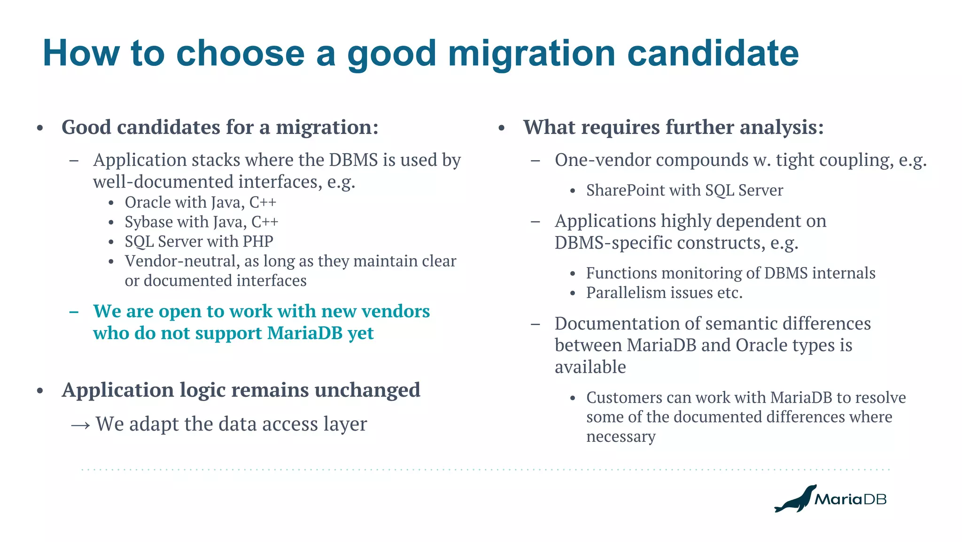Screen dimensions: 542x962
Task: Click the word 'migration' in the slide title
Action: pyautogui.click(x=531, y=53)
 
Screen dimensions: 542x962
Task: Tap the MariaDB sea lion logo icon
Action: pyautogui.click(x=795, y=499)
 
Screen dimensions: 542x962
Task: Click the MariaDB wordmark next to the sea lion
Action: pyautogui.click(x=850, y=499)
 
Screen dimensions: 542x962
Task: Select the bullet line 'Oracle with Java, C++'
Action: pyautogui.click(x=200, y=202)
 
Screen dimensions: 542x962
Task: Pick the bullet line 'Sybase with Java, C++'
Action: pyautogui.click(x=201, y=222)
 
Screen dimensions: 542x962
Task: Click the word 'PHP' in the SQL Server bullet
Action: pyautogui.click(x=258, y=242)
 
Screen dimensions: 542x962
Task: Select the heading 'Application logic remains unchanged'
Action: pyautogui.click(x=240, y=390)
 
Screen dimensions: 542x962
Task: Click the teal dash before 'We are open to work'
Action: pyautogui.click(x=74, y=312)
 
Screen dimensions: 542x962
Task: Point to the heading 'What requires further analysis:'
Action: pyautogui.click(x=673, y=127)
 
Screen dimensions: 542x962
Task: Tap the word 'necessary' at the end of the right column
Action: pyautogui.click(x=621, y=437)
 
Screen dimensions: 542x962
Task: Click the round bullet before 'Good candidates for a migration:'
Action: pyautogui.click(x=40, y=128)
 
